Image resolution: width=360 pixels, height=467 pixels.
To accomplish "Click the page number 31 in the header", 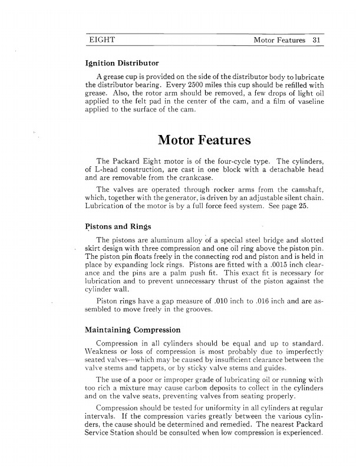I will tap(317, 41).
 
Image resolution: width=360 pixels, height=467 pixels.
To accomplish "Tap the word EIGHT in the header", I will tap(101, 41).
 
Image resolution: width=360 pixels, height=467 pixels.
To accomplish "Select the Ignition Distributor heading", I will tap(122, 62).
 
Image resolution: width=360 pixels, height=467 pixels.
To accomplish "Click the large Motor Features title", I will tap(204, 141).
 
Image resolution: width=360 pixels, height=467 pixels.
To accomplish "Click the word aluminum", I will tap(159, 240).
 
